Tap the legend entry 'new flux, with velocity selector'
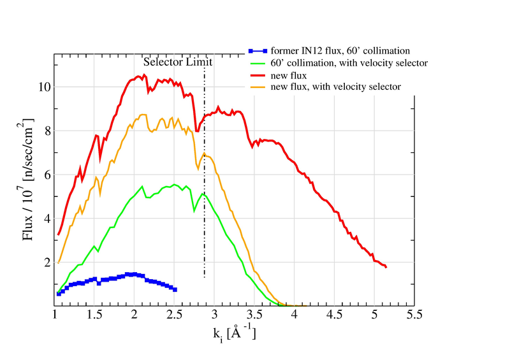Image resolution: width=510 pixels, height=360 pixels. (335, 87)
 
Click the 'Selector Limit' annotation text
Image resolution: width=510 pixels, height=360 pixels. (178, 62)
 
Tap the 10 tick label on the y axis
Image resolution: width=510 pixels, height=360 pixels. (43, 87)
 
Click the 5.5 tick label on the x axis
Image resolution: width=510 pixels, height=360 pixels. (415, 315)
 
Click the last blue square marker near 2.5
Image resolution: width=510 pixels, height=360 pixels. (175, 289)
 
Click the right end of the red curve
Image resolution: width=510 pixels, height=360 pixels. (386, 267)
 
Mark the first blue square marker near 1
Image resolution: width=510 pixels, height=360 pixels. (59, 294)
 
